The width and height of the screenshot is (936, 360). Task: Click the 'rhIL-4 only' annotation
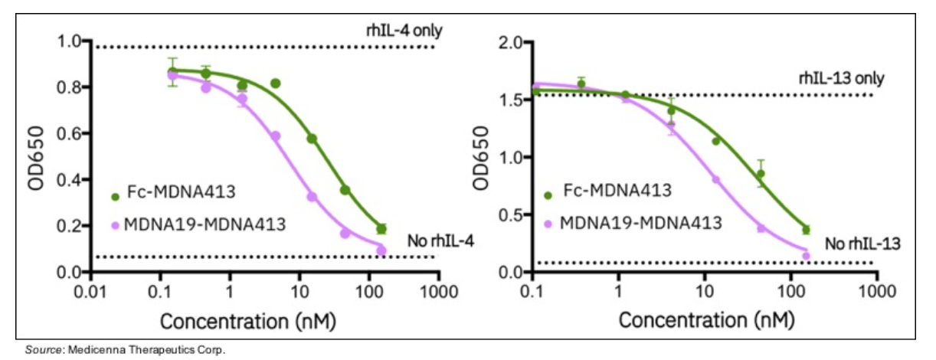coord(403,31)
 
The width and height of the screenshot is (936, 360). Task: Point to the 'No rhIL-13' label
coord(854,244)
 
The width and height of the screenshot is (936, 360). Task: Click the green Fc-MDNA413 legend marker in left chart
coord(116,196)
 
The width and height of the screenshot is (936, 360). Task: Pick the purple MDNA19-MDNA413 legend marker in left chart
coord(116,225)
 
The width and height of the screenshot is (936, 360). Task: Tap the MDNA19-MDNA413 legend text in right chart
coord(641,223)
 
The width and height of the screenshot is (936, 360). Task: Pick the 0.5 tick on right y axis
coord(512,214)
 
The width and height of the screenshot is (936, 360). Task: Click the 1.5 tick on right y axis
coord(512,100)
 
